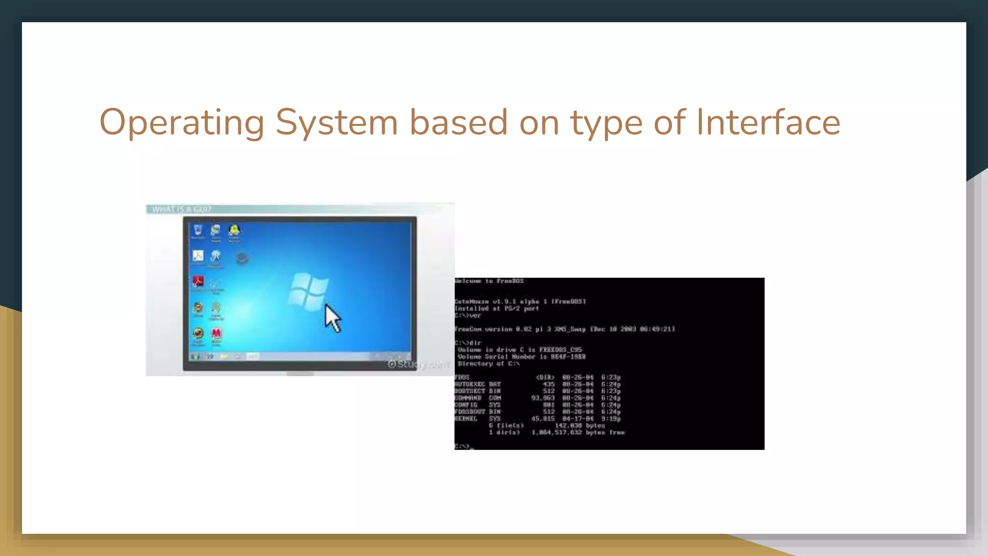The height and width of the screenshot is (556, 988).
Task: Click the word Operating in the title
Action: point(182,123)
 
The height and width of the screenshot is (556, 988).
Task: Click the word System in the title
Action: point(336,123)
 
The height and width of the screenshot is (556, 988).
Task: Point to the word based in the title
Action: point(458,123)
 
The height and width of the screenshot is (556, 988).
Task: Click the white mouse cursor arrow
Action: point(332,319)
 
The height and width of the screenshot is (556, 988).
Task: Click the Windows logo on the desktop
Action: point(308,291)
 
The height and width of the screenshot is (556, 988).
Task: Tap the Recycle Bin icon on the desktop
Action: point(198,230)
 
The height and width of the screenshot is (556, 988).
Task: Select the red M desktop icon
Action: point(216,334)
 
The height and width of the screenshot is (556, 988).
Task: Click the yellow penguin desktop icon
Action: point(234,230)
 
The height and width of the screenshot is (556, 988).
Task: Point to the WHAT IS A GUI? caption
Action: point(181,209)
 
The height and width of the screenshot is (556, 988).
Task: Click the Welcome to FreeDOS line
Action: point(489,281)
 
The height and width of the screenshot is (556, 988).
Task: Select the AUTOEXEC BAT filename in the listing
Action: point(478,384)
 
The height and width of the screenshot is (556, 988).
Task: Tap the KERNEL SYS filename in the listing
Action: point(478,419)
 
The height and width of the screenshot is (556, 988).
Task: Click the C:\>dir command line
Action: point(468,343)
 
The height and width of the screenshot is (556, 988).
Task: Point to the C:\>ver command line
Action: point(468,316)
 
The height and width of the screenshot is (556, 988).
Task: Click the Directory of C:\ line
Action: point(488,364)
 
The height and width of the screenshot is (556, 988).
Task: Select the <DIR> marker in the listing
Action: point(545,377)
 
